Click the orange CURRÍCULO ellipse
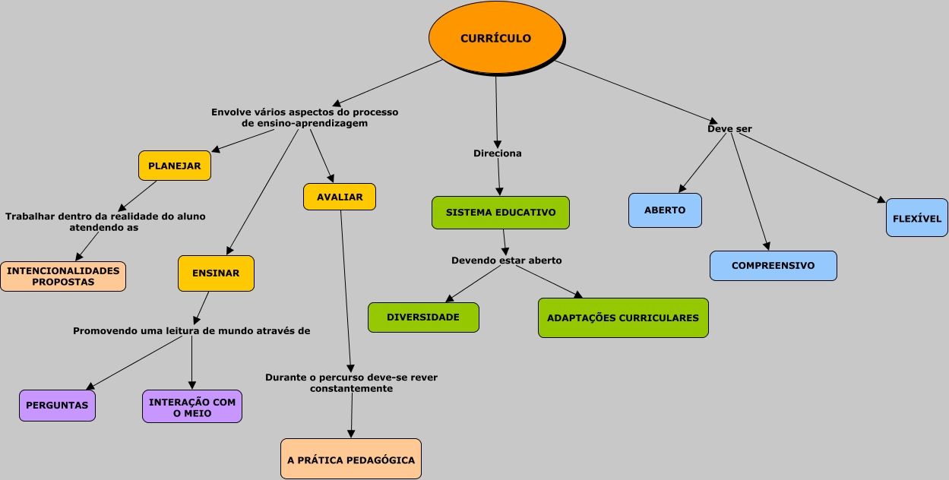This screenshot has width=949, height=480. click(496, 38)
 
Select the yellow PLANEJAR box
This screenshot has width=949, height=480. click(175, 166)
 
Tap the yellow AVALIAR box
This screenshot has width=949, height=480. click(340, 197)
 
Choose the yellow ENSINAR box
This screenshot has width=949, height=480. click(216, 273)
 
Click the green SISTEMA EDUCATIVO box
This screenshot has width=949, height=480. click(501, 213)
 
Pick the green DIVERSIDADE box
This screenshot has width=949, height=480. click(423, 317)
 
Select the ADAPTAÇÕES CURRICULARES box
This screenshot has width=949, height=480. click(623, 317)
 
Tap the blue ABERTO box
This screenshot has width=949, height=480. click(665, 210)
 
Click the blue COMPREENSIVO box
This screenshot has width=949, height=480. click(773, 266)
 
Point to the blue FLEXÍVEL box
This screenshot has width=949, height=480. click(917, 218)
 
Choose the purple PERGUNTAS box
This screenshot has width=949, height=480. click(57, 406)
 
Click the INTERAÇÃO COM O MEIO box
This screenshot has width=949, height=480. click(192, 406)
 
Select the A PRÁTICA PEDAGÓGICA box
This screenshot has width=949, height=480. click(351, 459)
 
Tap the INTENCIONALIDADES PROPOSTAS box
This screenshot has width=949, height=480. click(63, 276)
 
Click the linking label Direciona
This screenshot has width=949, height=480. click(498, 153)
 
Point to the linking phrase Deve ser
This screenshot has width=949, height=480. click(729, 129)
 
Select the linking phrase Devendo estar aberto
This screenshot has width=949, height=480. click(506, 260)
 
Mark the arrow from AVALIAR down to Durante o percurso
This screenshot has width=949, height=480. click(346, 291)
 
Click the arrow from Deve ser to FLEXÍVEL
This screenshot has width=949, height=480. click(812, 168)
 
